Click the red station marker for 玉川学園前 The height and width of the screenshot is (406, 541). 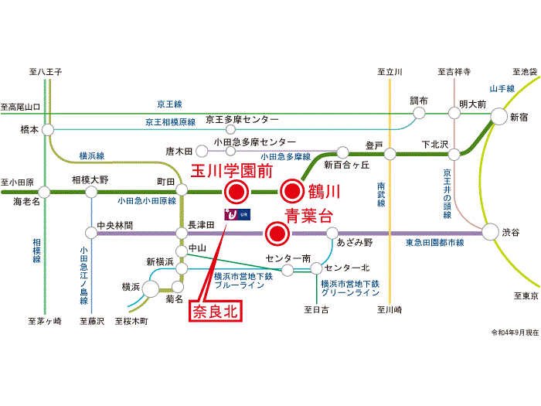point(236,192)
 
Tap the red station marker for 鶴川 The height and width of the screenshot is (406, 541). point(292,191)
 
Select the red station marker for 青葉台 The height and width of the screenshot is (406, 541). point(277,234)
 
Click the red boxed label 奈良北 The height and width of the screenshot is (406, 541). point(216,312)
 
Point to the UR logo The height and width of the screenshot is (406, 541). point(237,214)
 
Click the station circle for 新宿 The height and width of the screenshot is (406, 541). point(499,116)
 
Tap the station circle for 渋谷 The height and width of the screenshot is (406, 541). point(490,232)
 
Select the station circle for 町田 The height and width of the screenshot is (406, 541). point(182,189)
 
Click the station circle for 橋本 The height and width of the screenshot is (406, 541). point(48,130)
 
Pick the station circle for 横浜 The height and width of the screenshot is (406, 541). point(151,288)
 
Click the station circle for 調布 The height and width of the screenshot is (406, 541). point(419,113)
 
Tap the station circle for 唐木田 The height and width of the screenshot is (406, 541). point(202,151)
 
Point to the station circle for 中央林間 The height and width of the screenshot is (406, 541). point(91,233)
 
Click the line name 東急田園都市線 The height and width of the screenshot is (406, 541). point(434,243)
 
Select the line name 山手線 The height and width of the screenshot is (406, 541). point(502,89)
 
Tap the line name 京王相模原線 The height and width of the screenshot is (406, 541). point(171,122)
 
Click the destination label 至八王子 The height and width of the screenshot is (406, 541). point(46,72)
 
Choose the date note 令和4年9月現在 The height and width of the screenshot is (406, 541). point(515,333)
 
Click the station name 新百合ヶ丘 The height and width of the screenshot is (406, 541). point(347,165)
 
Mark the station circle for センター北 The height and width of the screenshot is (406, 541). point(316,268)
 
